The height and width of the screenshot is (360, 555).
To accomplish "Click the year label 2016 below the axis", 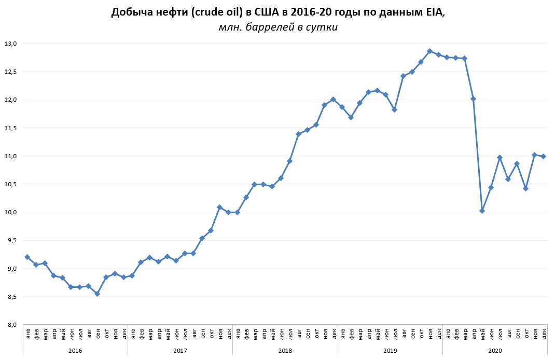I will (x=75, y=351).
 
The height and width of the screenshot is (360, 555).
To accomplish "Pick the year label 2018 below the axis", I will (x=285, y=351).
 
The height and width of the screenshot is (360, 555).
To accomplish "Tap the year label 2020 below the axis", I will (x=495, y=351).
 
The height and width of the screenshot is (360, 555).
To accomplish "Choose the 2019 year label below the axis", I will (x=390, y=351).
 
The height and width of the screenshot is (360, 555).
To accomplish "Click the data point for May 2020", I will (x=482, y=211).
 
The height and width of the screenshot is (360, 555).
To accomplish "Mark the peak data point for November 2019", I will (x=429, y=51).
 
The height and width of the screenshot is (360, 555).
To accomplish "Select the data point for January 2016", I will (x=27, y=257).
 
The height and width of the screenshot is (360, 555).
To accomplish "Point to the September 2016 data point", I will (x=97, y=294).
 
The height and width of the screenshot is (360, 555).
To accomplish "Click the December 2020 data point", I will (x=543, y=156).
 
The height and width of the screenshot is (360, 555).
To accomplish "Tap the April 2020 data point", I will (x=473, y=99).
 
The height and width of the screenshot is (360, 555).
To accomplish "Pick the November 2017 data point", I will (x=219, y=207).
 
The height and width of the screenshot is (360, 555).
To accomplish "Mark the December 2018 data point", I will (x=333, y=99).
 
